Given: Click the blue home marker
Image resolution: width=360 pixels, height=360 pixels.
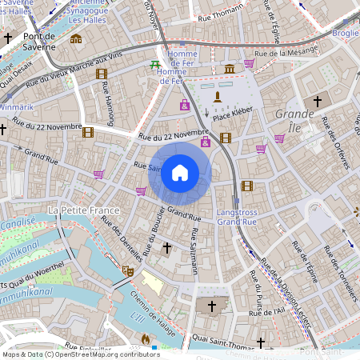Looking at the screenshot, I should pyautogui.click(x=180, y=172).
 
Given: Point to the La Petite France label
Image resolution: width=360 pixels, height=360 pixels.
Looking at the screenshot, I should pyautogui.click(x=83, y=210).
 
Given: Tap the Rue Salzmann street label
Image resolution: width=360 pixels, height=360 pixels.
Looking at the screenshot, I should pyautogui.click(x=194, y=251).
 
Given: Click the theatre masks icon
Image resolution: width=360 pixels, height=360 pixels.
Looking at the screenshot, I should pyautogui.click(x=127, y=271).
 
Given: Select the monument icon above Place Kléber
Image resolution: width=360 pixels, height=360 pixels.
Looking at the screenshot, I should pyautogui.click(x=217, y=97).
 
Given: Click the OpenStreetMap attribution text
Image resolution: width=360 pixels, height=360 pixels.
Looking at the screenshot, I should pyautogui.click(x=80, y=354).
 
